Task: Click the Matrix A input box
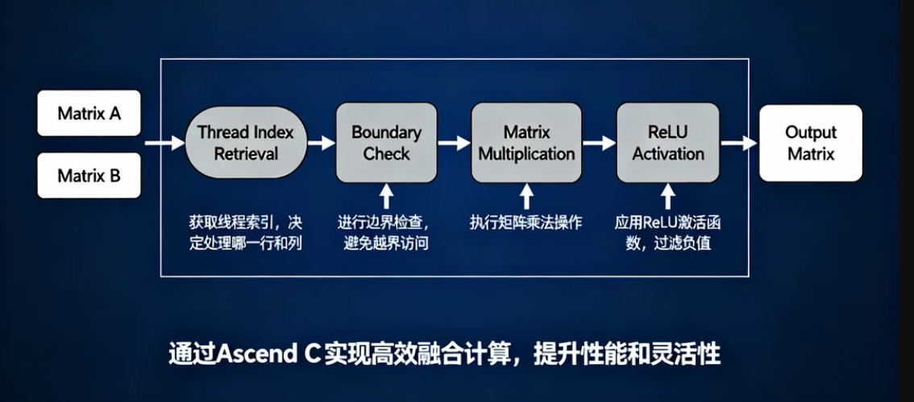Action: (x=89, y=113)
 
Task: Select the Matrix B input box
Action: (x=89, y=174)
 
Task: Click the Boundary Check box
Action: (x=386, y=143)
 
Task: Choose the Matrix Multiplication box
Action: (x=526, y=143)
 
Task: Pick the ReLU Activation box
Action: (x=667, y=143)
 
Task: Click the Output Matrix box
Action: (x=810, y=143)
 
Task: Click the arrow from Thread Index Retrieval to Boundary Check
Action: (x=320, y=144)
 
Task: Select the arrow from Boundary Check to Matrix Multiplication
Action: (x=454, y=144)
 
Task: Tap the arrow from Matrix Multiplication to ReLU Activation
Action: (x=599, y=144)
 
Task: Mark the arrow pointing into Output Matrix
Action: (x=737, y=144)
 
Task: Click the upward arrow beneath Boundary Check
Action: (x=386, y=196)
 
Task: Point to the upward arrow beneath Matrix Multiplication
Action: (x=526, y=196)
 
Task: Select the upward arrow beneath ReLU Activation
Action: (x=667, y=196)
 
